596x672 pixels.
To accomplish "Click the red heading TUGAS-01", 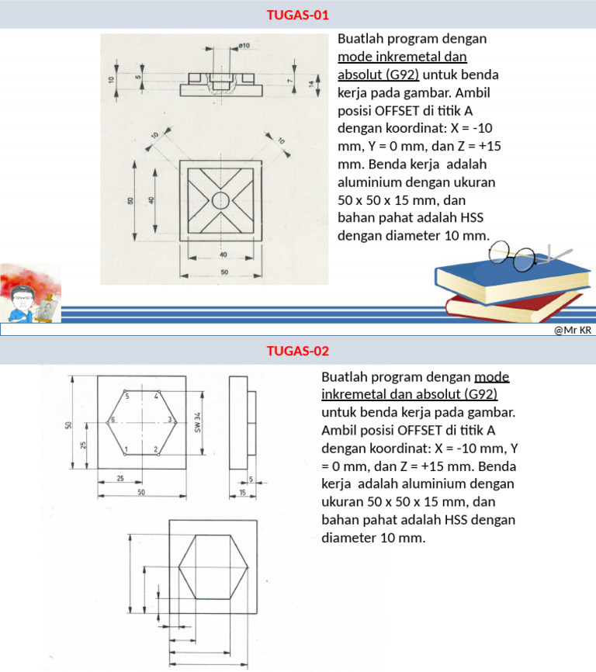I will tap(298, 15).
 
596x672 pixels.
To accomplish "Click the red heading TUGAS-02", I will tap(298, 351).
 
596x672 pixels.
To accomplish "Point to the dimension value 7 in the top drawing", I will tap(289, 80).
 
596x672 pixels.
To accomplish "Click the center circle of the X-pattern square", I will tap(220, 200).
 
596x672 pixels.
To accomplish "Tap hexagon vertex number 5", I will tap(126, 396).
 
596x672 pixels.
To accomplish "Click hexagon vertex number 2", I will tap(156, 449).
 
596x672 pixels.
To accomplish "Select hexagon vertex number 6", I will tap(113, 420).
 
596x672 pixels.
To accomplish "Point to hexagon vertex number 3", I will tap(170, 420).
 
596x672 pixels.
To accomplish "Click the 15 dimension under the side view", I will tap(243, 494).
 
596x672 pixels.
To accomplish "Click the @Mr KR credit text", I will tap(573, 331).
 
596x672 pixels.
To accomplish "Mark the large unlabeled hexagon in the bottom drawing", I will tap(213, 566).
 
